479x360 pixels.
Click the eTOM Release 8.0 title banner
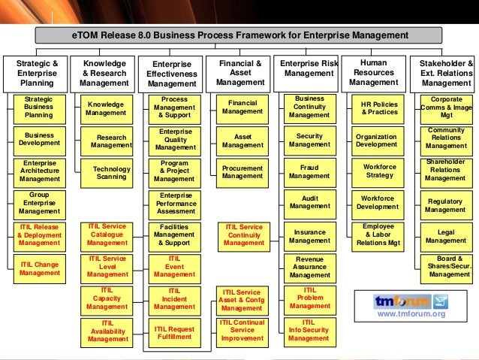click(239, 35)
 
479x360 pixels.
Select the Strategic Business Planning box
click(39, 108)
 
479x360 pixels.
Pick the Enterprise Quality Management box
click(174, 141)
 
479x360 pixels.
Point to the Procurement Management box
click(242, 173)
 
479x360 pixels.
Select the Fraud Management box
click(309, 172)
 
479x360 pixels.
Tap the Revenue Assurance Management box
click(309, 268)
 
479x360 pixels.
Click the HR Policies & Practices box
click(379, 108)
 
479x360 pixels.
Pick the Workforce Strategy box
click(378, 171)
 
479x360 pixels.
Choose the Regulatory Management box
click(445, 205)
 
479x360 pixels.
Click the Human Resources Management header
click(375, 73)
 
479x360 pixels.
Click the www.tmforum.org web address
click(411, 315)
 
